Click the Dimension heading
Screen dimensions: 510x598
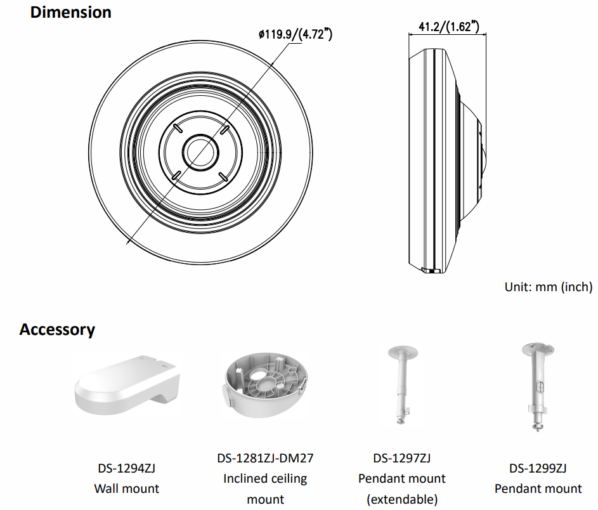[70, 12]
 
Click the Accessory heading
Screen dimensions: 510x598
[57, 329]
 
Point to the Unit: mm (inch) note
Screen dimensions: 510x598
[548, 287]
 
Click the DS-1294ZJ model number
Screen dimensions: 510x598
[126, 469]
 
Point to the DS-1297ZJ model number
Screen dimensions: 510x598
[401, 458]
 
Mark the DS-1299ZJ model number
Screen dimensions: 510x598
[538, 469]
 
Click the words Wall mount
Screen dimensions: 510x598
[126, 488]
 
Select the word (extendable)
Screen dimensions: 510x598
[401, 499]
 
